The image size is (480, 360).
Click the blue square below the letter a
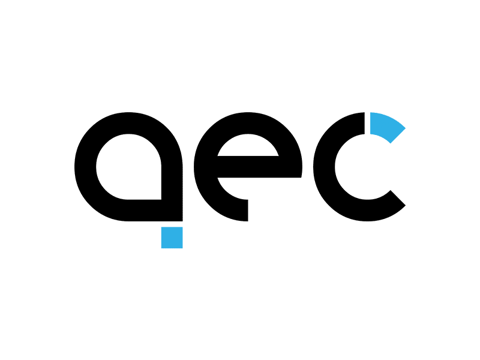[x=172, y=237]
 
